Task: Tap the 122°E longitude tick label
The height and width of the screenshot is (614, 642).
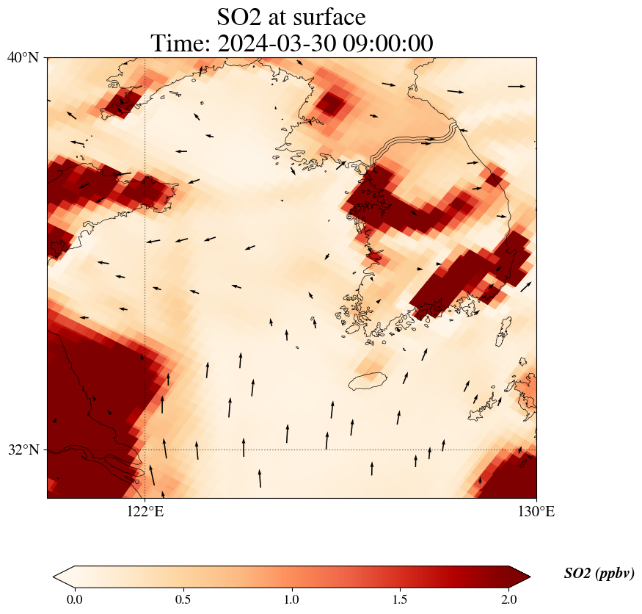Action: click(145, 511)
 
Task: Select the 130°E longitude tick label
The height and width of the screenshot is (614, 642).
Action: click(536, 511)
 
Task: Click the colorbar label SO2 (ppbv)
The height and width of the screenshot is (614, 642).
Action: click(599, 574)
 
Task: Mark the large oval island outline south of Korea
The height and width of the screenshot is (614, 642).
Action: click(367, 381)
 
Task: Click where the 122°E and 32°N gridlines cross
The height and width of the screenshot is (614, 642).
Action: click(145, 449)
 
